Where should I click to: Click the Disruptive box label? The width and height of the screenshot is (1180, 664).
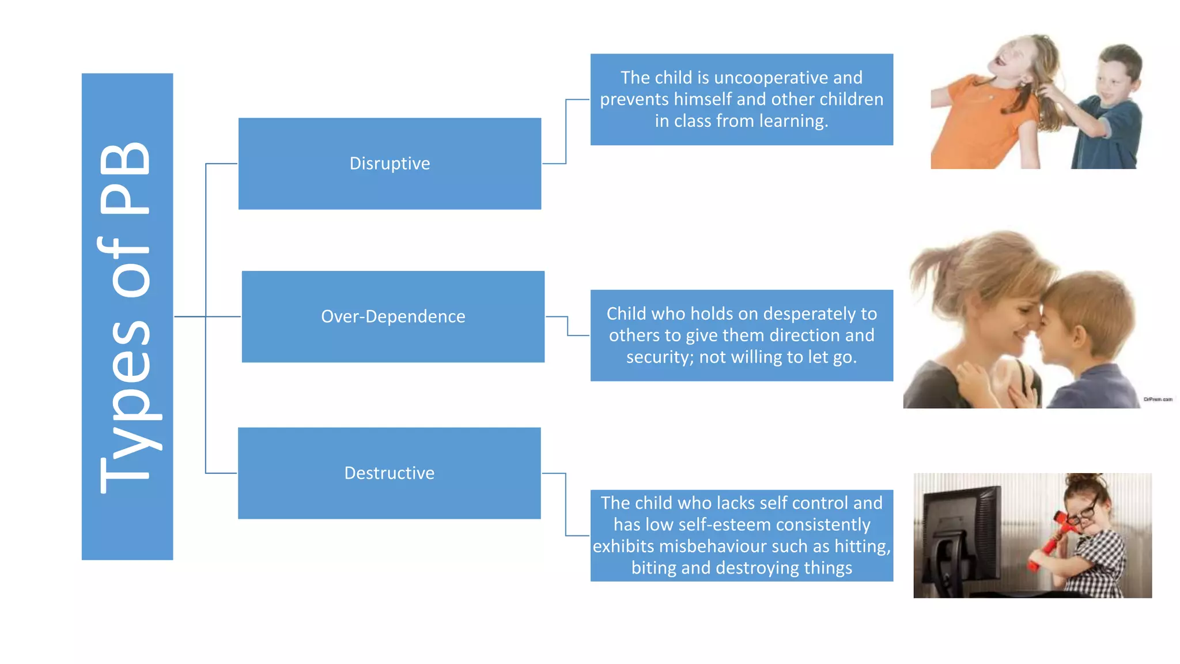(389, 164)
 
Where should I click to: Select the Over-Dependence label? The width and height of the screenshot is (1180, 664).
(393, 316)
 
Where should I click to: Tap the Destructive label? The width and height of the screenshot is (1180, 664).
(389, 473)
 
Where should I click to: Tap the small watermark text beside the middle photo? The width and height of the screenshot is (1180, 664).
(1158, 399)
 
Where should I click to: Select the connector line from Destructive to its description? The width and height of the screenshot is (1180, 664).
(566, 504)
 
